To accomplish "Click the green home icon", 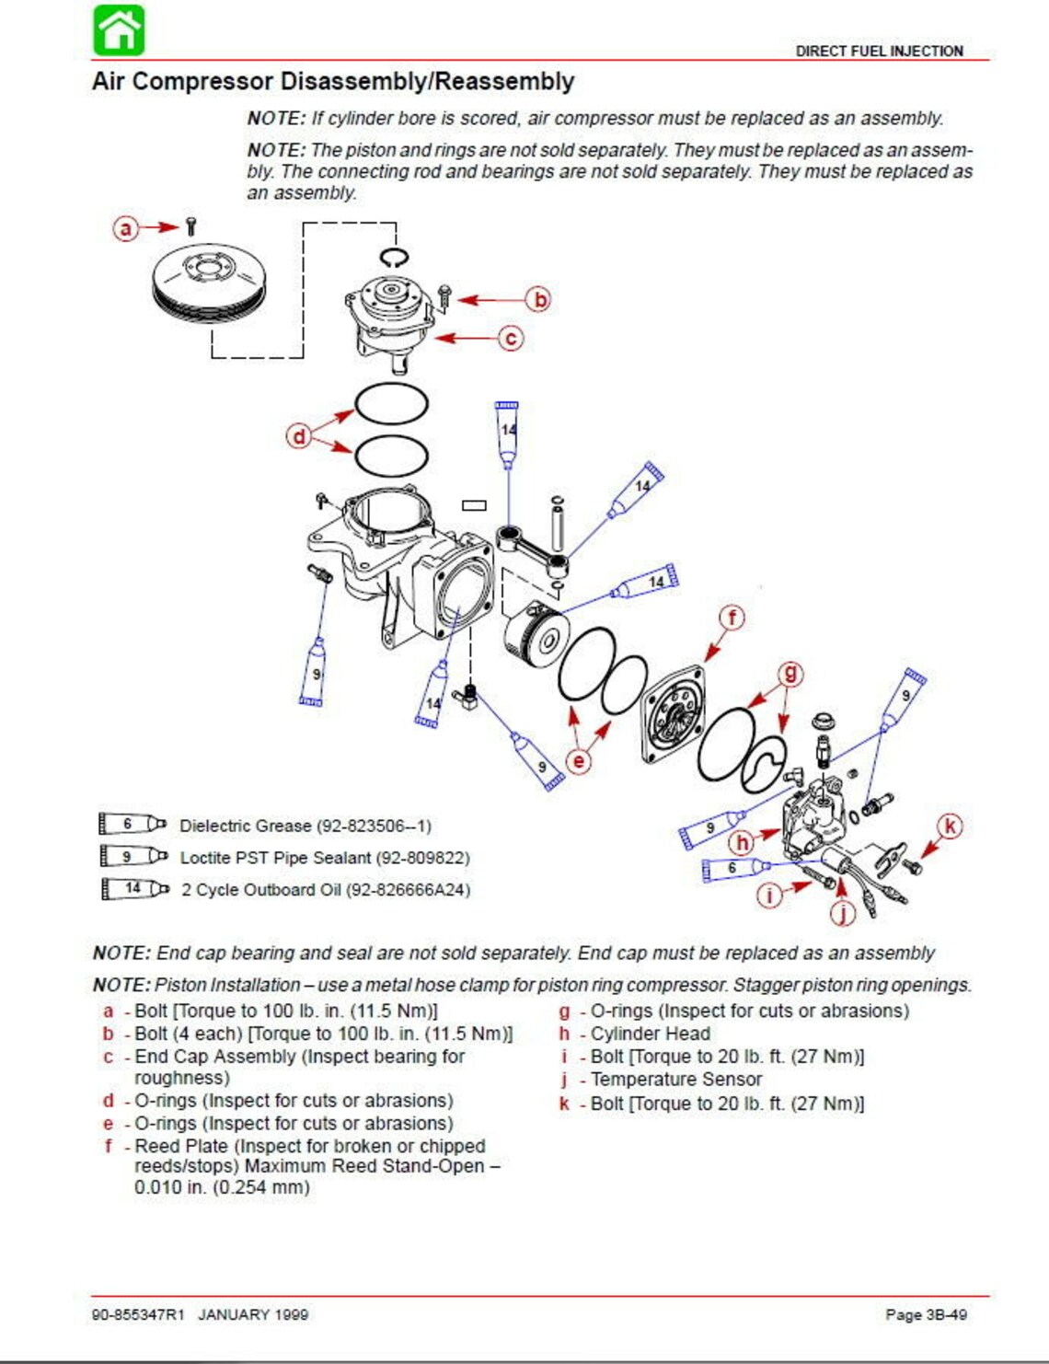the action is click(x=119, y=30).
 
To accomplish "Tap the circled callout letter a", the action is click(x=125, y=228).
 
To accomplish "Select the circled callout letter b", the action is click(x=539, y=299).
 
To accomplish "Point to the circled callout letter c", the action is click(x=511, y=339).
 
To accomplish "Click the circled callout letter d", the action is click(x=299, y=435).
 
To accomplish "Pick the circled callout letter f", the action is click(x=732, y=618).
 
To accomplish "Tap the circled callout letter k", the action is click(x=950, y=826).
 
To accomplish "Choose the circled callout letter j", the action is click(x=843, y=913).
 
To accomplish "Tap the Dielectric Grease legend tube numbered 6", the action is click(x=133, y=824).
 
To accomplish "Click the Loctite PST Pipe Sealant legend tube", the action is click(x=133, y=856).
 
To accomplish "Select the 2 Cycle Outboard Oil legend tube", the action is click(x=134, y=888).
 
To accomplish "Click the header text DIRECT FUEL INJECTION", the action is click(x=879, y=51).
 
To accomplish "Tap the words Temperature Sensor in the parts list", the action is click(x=676, y=1079).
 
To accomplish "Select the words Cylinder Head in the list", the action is click(x=651, y=1034).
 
